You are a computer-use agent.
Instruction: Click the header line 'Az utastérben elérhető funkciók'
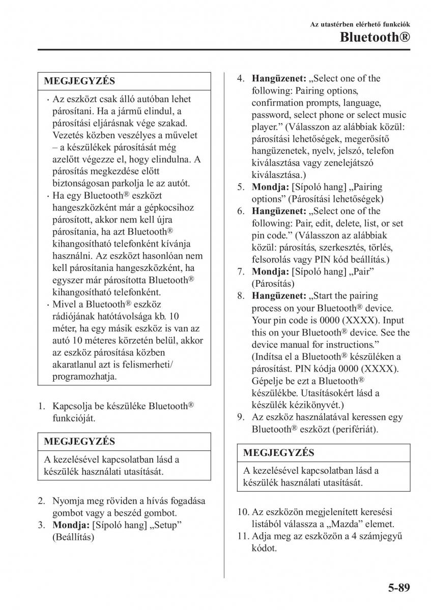point(360,24)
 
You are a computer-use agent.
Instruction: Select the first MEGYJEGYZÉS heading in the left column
point(79,81)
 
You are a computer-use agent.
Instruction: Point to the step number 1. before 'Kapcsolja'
point(43,406)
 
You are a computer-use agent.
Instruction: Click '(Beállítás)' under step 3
point(73,536)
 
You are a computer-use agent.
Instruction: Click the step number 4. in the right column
point(241,79)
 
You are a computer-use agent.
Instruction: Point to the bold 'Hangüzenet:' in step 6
point(278,211)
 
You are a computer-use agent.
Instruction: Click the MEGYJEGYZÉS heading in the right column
point(279,452)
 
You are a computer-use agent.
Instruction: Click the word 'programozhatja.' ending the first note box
point(84,377)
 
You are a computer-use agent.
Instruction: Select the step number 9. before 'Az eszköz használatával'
point(241,417)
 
